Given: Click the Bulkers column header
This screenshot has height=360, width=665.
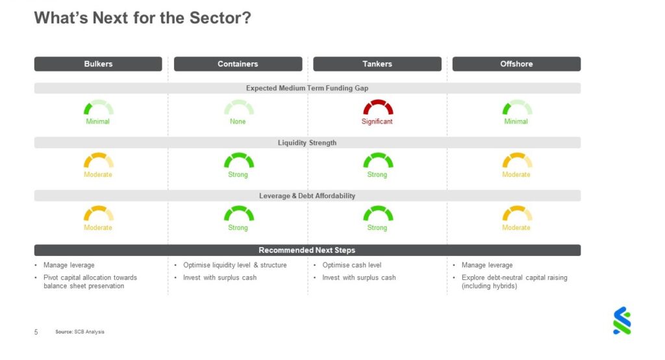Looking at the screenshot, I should tap(98, 64).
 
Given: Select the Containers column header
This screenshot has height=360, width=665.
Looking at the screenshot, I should tap(238, 64).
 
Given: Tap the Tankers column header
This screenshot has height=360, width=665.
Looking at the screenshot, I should tap(377, 64).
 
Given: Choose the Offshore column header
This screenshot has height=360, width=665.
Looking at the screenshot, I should tap(516, 64).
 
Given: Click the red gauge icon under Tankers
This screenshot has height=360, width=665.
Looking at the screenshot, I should tap(377, 107).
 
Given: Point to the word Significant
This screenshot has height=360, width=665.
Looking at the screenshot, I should tap(377, 122).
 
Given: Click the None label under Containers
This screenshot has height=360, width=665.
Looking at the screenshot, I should tap(238, 122).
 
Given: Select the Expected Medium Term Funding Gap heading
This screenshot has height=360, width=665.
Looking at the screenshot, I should tap(307, 88).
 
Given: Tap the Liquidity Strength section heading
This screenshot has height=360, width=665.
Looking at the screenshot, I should tap(307, 143).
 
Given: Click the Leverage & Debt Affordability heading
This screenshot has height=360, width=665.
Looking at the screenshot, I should tap(307, 196).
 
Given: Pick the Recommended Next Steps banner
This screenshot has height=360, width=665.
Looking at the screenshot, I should tap(307, 250).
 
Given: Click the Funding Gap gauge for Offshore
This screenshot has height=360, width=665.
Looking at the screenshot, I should tap(517, 107).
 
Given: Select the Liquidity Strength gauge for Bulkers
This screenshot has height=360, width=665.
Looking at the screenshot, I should tap(98, 161).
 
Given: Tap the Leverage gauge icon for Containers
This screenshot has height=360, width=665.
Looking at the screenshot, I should tap(238, 214).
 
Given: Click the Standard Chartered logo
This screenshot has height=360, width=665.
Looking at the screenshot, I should tap(621, 320).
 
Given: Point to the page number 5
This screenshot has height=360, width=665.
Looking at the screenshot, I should tap(36, 332).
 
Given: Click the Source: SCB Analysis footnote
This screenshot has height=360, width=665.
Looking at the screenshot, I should tap(80, 332).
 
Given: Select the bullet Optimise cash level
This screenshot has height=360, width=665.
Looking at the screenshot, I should tap(352, 265).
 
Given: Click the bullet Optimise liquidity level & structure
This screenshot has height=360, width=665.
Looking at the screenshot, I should tap(234, 265).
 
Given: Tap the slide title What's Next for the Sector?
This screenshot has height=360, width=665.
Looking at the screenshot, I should tap(142, 18).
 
